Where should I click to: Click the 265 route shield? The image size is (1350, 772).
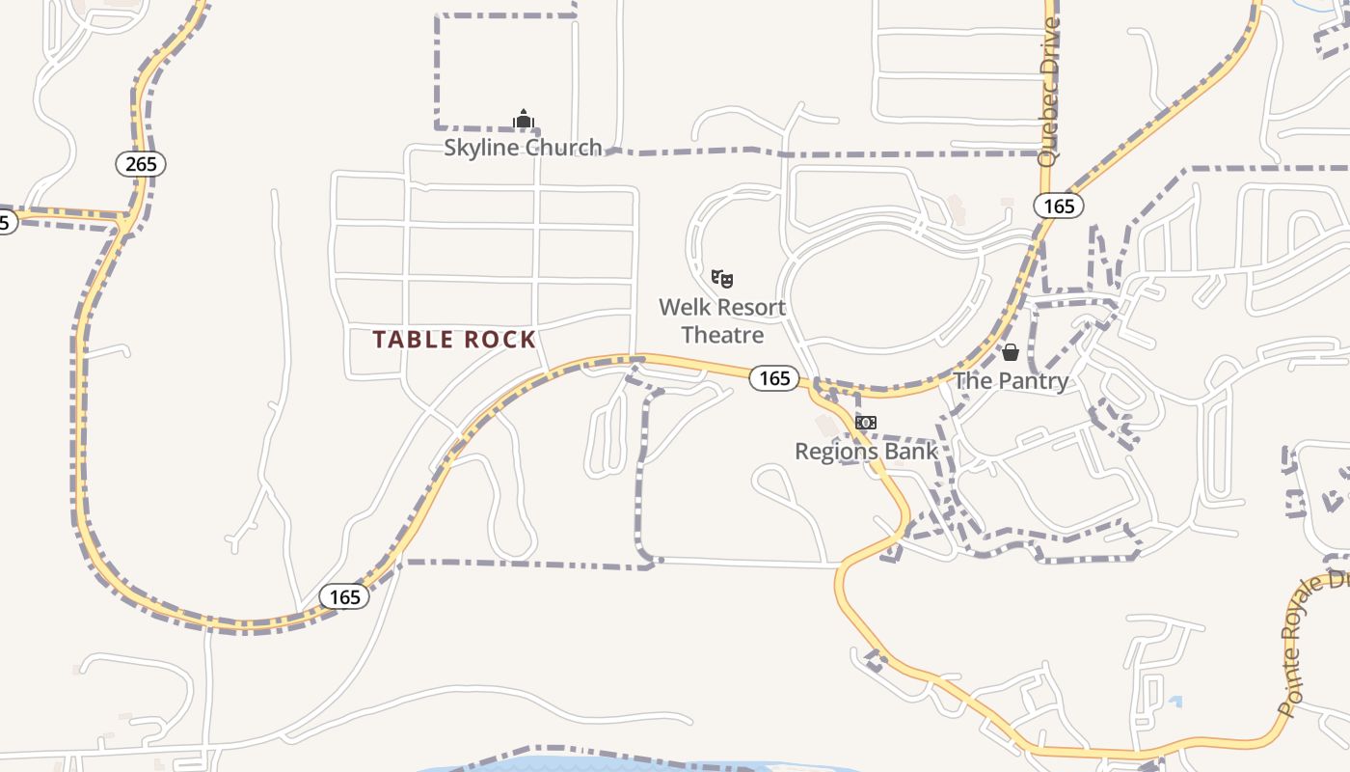(141, 164)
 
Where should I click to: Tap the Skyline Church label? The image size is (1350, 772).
(523, 148)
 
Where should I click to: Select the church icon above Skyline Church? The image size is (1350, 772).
(524, 120)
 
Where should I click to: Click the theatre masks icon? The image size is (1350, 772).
(722, 279)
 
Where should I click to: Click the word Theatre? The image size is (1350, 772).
(722, 335)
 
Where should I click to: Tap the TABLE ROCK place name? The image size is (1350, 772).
(454, 340)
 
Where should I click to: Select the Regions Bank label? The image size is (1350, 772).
(866, 451)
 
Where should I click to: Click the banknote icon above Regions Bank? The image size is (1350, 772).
(866, 423)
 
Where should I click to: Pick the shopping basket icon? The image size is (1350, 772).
(1011, 353)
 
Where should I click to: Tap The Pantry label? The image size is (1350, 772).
(1011, 380)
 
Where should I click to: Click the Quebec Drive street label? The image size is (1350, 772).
(1049, 92)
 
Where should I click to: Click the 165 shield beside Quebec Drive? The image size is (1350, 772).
(1059, 206)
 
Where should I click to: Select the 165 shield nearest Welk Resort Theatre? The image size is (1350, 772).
(774, 378)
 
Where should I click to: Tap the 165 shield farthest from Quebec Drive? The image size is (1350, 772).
(344, 596)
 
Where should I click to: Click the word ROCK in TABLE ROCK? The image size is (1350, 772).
(499, 340)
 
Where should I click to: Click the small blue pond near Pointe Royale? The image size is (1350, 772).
(1174, 702)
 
